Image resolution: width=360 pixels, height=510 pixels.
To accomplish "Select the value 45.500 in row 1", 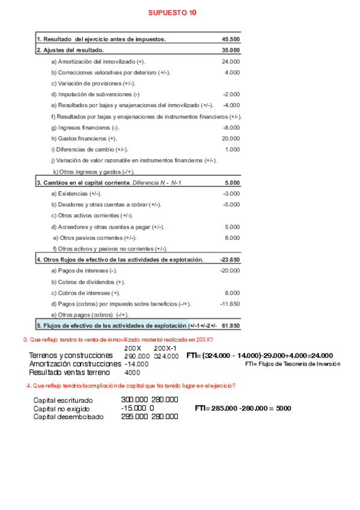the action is click(x=231, y=39).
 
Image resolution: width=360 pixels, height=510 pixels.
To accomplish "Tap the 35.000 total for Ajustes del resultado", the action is click(x=231, y=50).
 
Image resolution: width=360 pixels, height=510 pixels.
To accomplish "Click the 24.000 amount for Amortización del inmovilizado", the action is click(x=231, y=61).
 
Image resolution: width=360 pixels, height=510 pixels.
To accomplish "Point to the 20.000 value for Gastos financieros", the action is click(x=231, y=138).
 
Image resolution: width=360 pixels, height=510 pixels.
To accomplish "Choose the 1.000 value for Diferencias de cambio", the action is click(x=232, y=149).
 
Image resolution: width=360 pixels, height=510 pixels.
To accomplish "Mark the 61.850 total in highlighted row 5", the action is click(x=231, y=326).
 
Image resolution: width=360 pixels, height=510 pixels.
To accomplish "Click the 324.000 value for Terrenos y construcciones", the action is click(x=166, y=356).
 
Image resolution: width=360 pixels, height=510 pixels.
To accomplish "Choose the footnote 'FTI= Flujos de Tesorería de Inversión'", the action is click(x=293, y=364).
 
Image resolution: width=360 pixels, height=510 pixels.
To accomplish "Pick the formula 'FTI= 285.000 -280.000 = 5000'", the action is click(x=243, y=408).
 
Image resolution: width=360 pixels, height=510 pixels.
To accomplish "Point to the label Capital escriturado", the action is click(x=63, y=400).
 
